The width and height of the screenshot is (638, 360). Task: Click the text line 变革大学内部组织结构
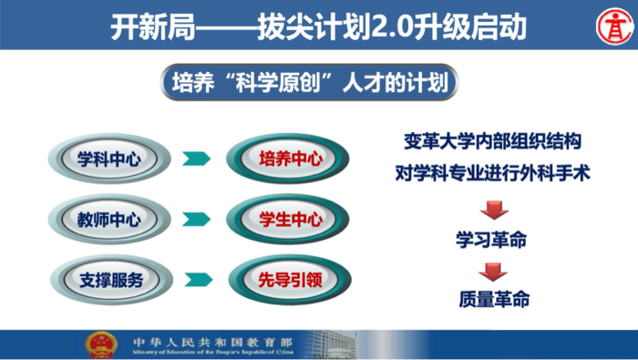pyautogui.click(x=493, y=143)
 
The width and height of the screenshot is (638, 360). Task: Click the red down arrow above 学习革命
pyautogui.click(x=493, y=211)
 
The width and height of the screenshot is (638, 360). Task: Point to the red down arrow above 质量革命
pyautogui.click(x=493, y=271)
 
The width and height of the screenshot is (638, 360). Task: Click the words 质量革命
pyautogui.click(x=493, y=299)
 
